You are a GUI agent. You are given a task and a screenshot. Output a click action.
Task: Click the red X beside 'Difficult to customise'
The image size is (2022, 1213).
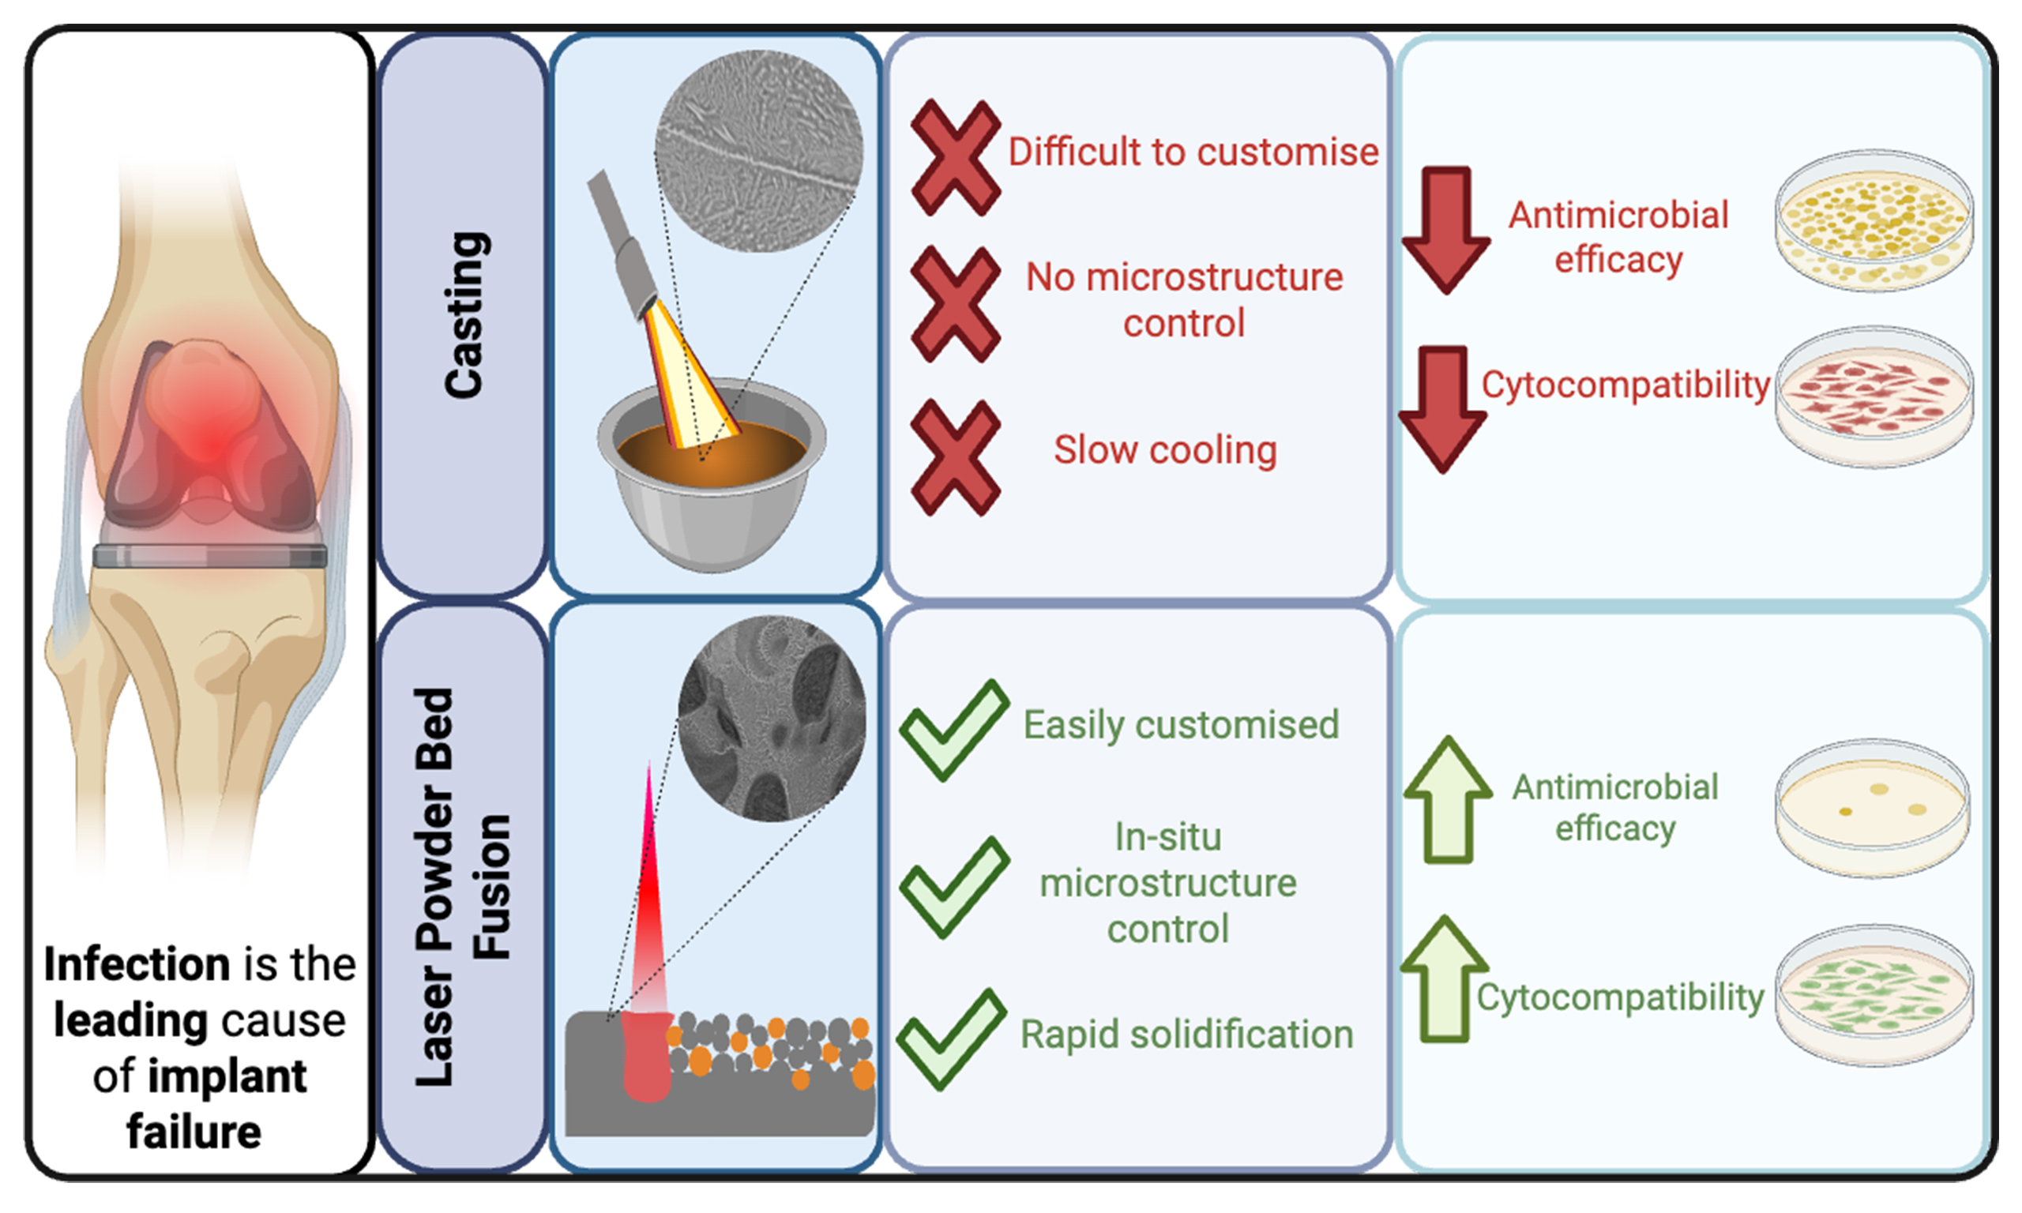(x=956, y=157)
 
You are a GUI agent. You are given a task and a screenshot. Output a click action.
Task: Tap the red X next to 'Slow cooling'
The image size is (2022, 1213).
(x=956, y=457)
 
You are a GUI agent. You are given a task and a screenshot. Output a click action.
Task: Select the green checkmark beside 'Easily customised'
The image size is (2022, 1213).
(x=955, y=730)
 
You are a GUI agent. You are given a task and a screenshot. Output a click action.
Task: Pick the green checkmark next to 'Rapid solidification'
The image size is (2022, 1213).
(x=952, y=1039)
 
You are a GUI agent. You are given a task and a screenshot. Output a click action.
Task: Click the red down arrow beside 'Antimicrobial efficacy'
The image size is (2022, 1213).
(x=1445, y=230)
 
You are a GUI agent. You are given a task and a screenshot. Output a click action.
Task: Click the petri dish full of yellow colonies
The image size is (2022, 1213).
(x=1874, y=220)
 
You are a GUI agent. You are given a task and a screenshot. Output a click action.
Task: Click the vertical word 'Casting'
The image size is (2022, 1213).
(x=465, y=314)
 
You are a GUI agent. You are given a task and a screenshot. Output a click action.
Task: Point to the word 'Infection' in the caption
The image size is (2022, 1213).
(x=137, y=964)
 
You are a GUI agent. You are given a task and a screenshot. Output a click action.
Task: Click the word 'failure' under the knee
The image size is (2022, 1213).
(x=194, y=1132)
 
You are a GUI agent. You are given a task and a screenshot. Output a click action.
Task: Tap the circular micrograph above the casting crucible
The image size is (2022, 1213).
(x=758, y=150)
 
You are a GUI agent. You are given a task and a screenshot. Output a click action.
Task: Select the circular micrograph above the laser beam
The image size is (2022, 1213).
(x=772, y=719)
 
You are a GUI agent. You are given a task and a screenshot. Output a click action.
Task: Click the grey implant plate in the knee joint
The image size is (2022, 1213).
(x=210, y=556)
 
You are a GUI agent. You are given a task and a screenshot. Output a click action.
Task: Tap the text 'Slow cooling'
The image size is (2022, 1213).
(x=1166, y=449)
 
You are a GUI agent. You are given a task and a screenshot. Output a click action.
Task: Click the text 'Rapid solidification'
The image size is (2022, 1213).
(x=1186, y=1035)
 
